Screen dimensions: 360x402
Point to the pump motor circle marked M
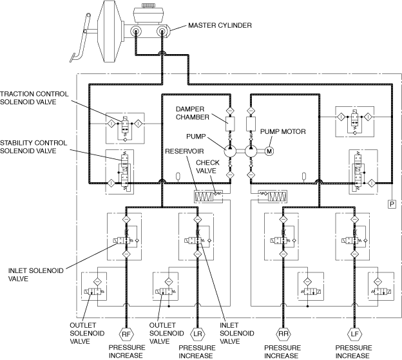(269, 151)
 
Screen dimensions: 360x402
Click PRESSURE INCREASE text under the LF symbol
(353, 351)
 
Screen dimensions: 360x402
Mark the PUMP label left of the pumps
(195, 137)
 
